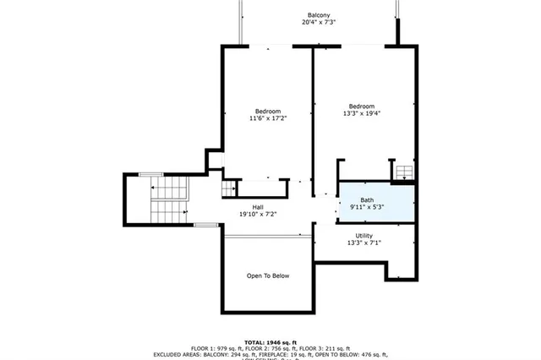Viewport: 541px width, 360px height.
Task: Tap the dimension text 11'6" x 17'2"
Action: coord(268,119)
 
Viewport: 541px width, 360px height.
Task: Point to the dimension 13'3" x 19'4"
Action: coord(362,114)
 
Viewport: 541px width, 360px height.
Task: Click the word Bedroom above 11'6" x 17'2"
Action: coord(268,112)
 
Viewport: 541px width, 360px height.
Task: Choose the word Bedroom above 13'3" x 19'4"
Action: coord(362,106)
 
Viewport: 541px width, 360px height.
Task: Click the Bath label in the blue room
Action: coord(367,200)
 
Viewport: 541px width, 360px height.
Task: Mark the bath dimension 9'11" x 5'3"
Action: coord(367,208)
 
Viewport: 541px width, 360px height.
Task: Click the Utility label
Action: coord(364,236)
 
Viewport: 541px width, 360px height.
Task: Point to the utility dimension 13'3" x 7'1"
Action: coord(364,243)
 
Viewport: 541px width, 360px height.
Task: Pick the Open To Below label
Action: coord(268,275)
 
